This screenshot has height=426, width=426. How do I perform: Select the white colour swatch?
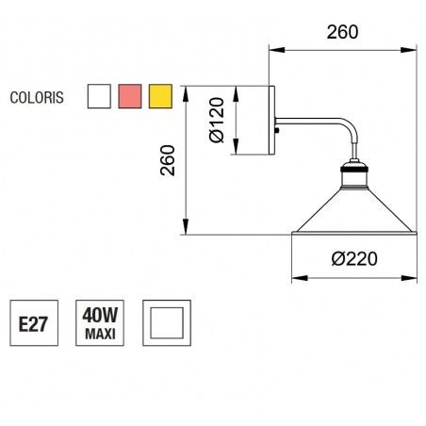99,96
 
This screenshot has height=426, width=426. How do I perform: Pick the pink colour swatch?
129,96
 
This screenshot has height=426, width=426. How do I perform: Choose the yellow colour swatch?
159,96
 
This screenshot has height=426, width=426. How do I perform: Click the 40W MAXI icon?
99,324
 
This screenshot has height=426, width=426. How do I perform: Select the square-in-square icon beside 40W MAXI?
165,324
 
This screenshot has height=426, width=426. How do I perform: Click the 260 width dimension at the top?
342,32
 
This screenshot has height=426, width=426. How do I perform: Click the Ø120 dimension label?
217,123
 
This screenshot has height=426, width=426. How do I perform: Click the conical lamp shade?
354,213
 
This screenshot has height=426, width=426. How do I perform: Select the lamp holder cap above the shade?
354,173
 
